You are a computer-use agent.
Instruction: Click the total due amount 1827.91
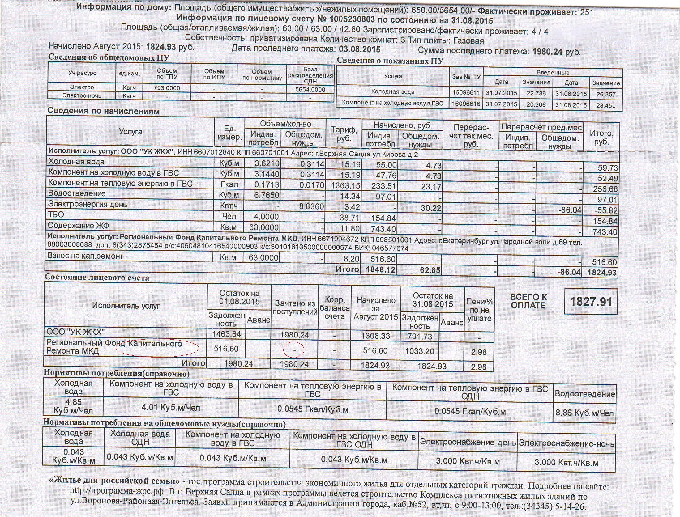pos(591,302)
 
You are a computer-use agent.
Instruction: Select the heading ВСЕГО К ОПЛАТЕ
pos(528,301)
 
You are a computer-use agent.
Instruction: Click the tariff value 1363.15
pos(345,186)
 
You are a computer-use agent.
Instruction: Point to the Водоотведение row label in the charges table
pos(77,194)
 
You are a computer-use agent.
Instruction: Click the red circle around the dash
pos(294,350)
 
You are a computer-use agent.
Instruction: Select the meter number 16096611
pos(466,93)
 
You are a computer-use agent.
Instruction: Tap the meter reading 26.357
pos(606,94)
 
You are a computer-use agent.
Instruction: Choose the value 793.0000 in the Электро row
pos(167,88)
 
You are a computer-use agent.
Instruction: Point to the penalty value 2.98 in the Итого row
pos(479,367)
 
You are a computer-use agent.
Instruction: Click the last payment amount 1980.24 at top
pos(547,52)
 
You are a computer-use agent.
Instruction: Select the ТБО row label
pos(56,214)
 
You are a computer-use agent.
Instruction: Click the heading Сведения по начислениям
pos(103,111)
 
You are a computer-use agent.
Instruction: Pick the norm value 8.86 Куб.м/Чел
pos(584,413)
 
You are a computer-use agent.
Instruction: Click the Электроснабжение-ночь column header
pos(566,444)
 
